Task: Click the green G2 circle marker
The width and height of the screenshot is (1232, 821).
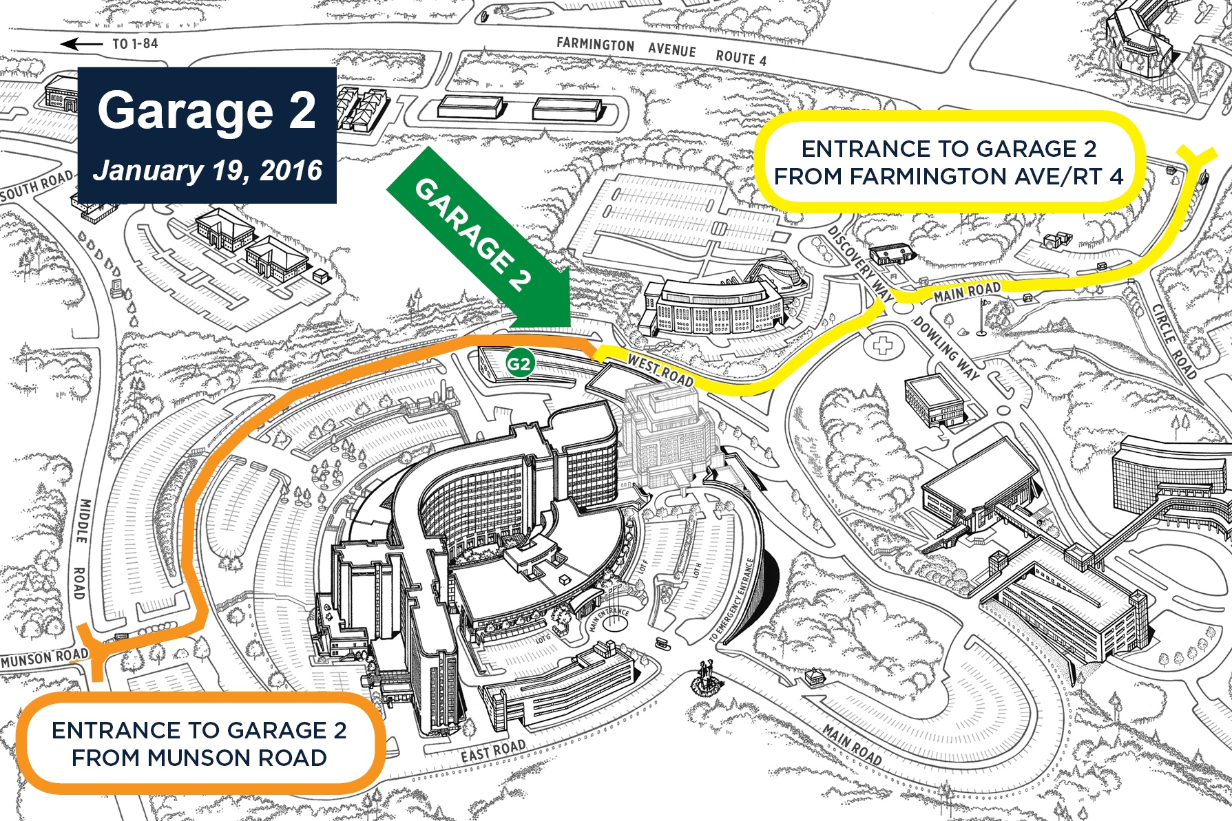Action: (x=519, y=363)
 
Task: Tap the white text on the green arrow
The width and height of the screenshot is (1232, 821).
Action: (x=474, y=235)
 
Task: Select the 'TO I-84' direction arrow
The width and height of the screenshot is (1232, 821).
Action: (x=82, y=45)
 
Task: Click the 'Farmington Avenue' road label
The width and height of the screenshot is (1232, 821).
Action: (x=626, y=47)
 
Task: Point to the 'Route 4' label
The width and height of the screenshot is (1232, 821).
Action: (x=741, y=58)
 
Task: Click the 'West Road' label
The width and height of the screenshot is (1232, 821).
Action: (x=660, y=370)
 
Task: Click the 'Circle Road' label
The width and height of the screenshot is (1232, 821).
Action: (x=1174, y=341)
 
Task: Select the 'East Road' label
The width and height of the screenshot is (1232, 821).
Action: (x=493, y=751)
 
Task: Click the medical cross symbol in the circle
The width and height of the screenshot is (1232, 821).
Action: (x=882, y=345)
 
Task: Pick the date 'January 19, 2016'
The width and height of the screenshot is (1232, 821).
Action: (x=207, y=170)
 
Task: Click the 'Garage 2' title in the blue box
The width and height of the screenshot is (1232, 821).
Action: (x=207, y=110)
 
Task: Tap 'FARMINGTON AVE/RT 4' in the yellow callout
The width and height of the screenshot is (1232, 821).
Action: (x=948, y=177)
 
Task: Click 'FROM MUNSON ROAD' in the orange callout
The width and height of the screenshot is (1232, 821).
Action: (x=199, y=758)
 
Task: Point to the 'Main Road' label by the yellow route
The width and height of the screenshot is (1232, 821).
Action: (x=966, y=292)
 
